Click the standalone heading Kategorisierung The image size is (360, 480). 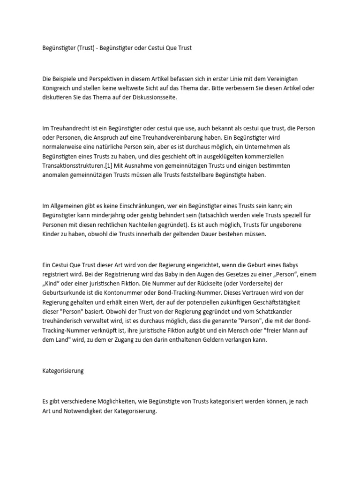[63, 370]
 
